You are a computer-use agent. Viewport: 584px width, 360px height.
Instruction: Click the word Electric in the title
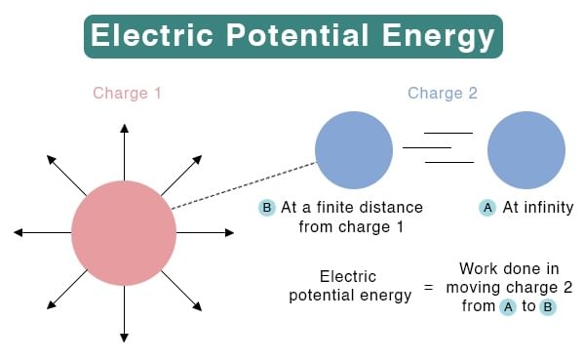pos(151,37)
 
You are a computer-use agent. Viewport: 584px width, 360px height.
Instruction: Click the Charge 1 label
pos(127,94)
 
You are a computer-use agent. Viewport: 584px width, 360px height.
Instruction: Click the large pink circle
pos(124,233)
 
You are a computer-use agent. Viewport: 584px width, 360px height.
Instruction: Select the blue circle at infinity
pos(526,149)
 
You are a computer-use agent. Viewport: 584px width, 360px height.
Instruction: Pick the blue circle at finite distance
pos(354,149)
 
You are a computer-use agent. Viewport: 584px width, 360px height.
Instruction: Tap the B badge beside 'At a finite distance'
pos(267,208)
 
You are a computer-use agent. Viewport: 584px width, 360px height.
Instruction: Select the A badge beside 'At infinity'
pos(487,208)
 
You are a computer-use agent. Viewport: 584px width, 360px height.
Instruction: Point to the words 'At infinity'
pos(538,208)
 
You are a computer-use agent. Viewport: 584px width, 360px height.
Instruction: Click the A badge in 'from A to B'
pos(507,306)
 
